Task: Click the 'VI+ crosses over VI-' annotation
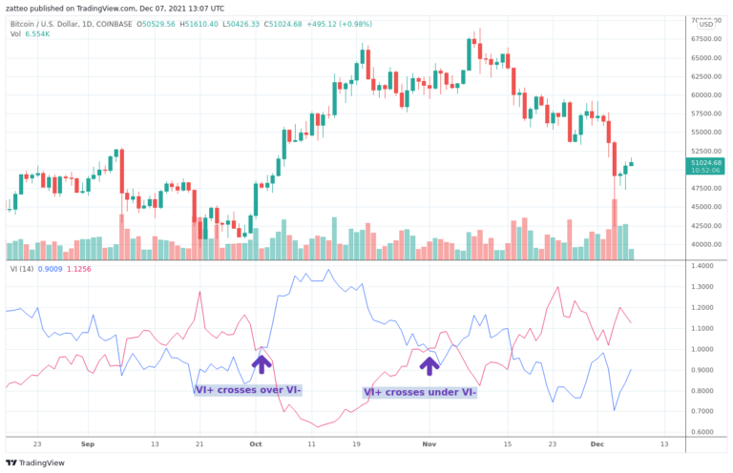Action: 248,390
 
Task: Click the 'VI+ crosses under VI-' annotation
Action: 420,392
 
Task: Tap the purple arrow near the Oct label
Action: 262,363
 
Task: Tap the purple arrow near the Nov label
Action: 430,363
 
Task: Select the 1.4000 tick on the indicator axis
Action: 704,266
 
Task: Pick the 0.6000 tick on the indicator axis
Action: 704,432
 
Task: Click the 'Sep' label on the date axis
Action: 88,444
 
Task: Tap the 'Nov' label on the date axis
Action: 429,444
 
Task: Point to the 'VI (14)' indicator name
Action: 22,270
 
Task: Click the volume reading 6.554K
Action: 36,33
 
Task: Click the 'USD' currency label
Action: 706,25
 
